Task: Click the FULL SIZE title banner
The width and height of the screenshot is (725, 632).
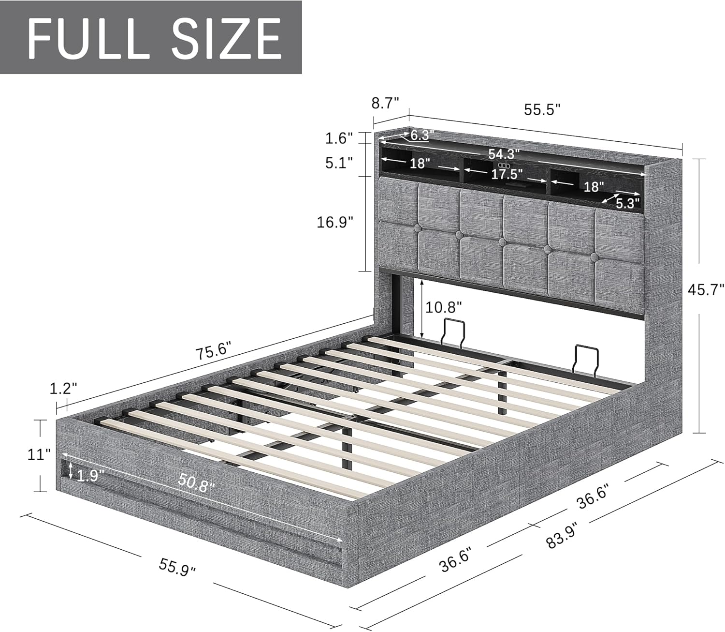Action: (x=151, y=37)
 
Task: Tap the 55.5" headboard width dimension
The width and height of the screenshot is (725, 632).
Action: (x=542, y=110)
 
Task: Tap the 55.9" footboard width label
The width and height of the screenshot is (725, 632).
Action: (x=178, y=565)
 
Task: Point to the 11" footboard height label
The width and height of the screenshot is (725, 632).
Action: (x=39, y=454)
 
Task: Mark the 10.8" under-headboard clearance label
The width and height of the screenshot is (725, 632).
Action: (x=443, y=306)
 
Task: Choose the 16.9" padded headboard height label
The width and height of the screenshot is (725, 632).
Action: (x=335, y=222)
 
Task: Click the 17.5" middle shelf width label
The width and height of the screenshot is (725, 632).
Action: (x=507, y=174)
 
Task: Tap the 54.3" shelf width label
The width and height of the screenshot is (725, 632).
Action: (x=504, y=154)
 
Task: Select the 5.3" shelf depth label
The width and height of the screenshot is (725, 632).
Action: (x=627, y=203)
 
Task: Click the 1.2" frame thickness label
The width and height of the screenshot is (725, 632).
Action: (x=63, y=388)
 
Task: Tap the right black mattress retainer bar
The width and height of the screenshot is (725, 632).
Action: (x=584, y=359)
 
